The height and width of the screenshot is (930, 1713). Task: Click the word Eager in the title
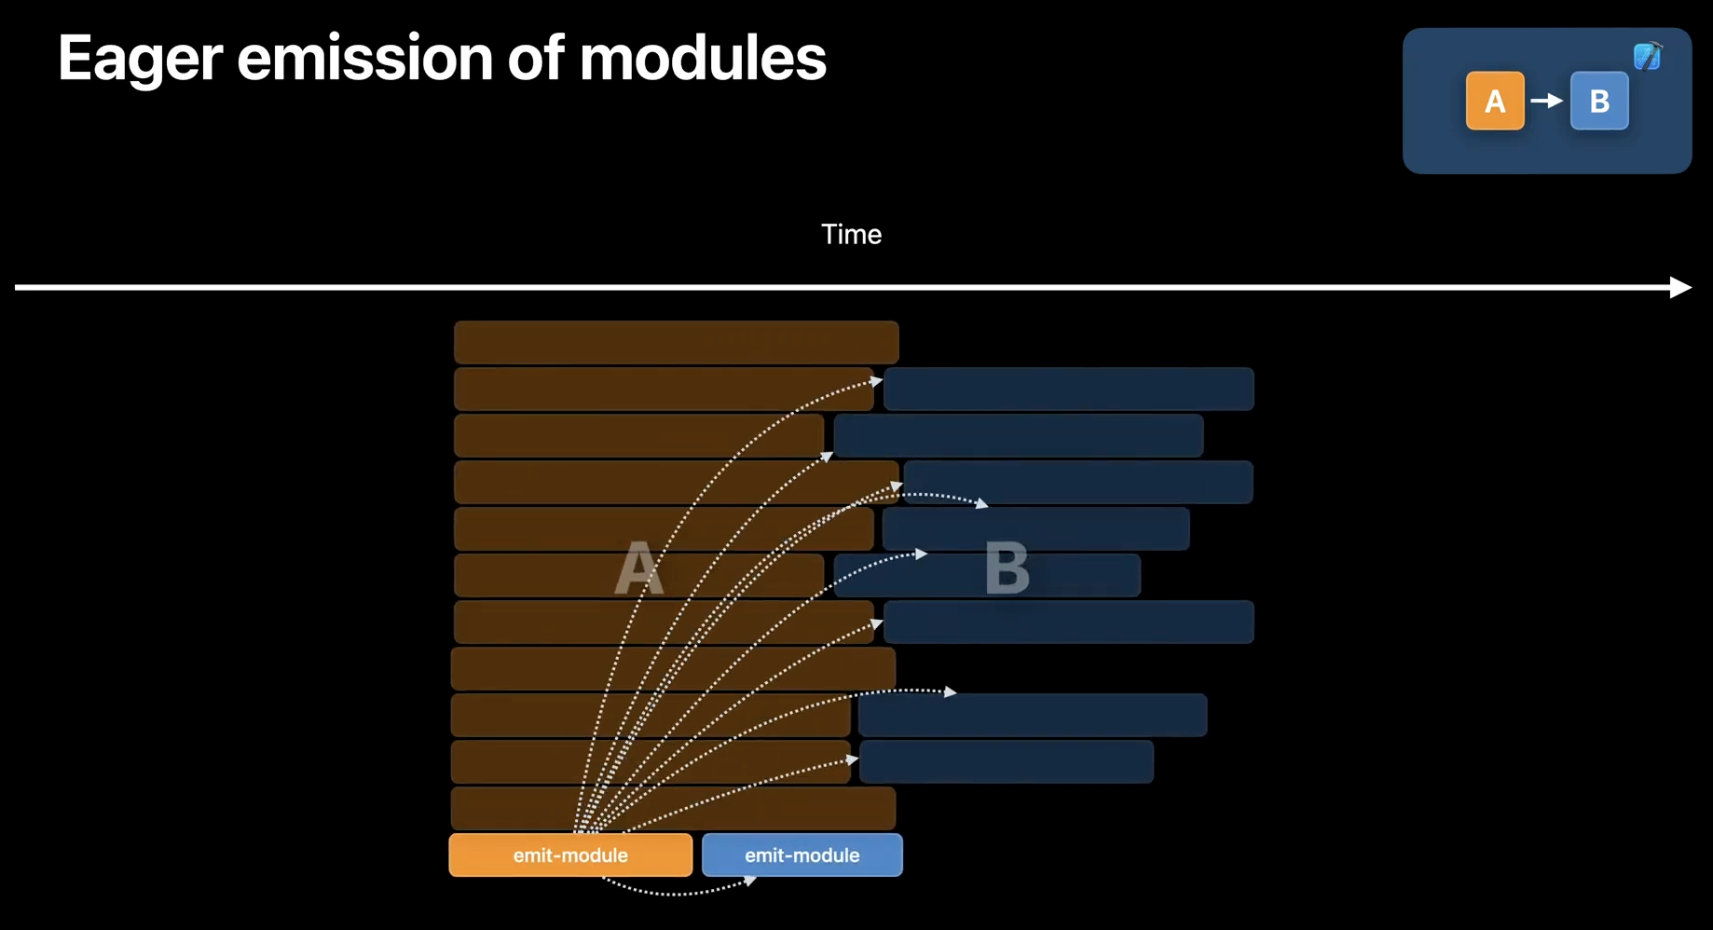pos(140,59)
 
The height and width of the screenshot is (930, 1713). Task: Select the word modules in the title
pos(703,59)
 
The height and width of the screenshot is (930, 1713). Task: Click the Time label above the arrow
pos(851,234)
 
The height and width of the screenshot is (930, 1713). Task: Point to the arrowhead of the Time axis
pos(1680,287)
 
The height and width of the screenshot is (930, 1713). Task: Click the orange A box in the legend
pos(1494,101)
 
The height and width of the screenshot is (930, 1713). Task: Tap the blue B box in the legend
pos(1599,101)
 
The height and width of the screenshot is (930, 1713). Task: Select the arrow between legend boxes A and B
pos(1547,101)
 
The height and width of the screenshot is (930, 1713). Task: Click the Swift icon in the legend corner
pos(1647,57)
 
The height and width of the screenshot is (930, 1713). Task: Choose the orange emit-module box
pos(570,855)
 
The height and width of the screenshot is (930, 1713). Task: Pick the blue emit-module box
pos(802,855)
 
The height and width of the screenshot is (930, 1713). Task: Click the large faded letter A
pos(639,568)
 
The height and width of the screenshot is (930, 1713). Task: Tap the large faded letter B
pos(1007,568)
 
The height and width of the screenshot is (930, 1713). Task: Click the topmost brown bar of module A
pos(676,342)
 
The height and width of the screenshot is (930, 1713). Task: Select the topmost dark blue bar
pos(1068,389)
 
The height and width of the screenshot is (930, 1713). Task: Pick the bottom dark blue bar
pos(1006,761)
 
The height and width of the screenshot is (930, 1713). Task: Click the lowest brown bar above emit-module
pos(673,808)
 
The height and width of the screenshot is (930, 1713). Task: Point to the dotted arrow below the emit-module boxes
pos(680,892)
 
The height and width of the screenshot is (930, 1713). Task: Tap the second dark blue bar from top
pos(1018,435)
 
